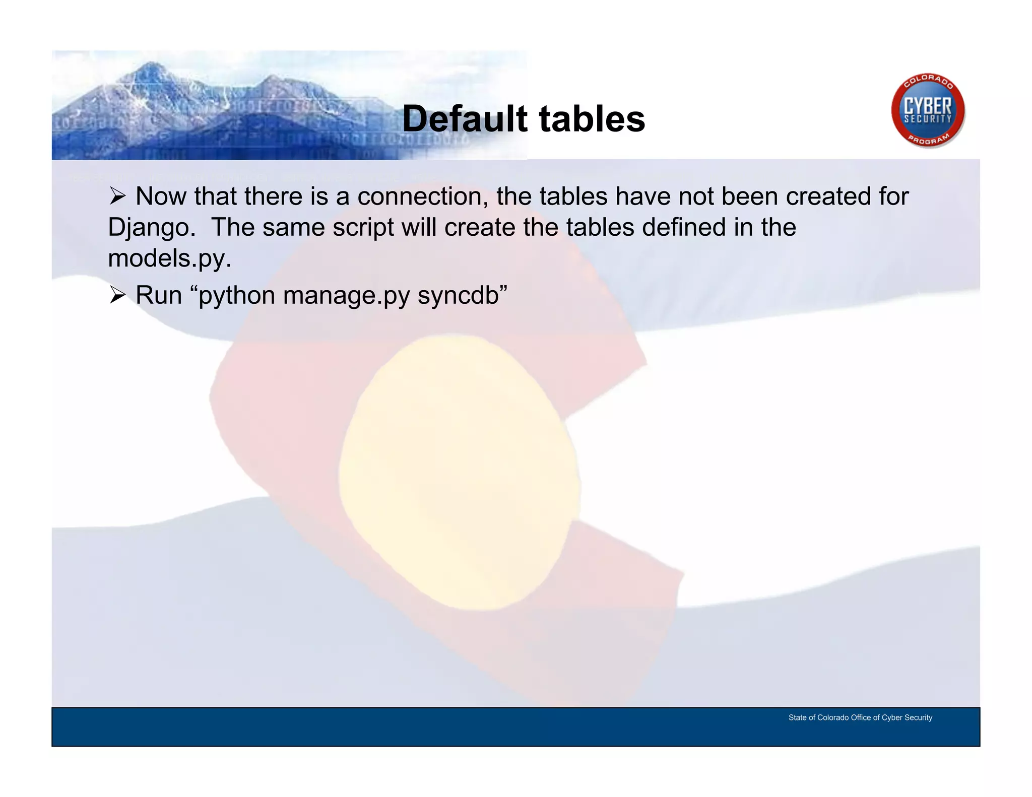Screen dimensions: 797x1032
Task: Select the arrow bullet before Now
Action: click(117, 196)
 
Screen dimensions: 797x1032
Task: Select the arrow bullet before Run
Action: click(117, 295)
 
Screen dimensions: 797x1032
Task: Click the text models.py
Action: click(170, 258)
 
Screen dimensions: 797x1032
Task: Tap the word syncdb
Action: click(458, 295)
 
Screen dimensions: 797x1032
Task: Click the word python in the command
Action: click(236, 295)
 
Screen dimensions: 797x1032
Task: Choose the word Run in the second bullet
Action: click(158, 295)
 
